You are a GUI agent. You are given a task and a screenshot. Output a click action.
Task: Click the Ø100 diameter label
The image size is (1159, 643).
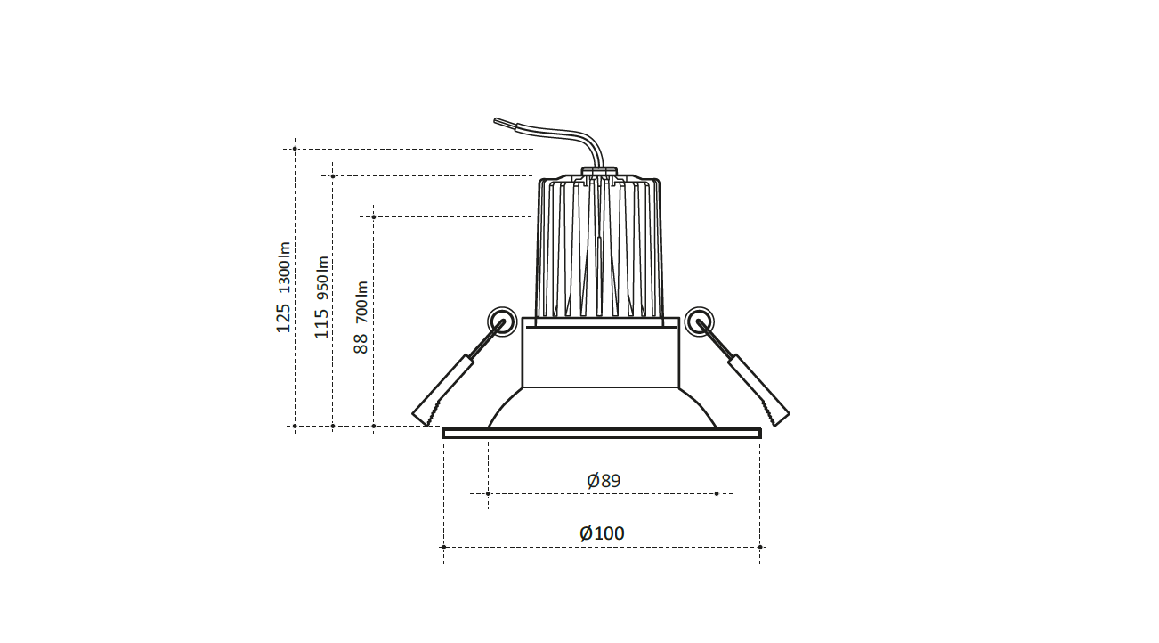point(602,533)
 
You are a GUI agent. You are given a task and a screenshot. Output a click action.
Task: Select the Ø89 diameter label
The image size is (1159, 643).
point(604,481)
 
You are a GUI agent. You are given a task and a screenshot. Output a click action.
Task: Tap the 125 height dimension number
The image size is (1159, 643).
point(283,318)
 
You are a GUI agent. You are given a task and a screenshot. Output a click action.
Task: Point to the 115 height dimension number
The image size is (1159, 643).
point(321,323)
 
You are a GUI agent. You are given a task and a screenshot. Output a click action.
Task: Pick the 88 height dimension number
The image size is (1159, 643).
point(361,344)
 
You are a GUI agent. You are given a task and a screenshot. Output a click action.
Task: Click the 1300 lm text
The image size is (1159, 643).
point(284,268)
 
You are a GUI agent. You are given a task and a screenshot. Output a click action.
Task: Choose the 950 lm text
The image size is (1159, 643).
point(322,278)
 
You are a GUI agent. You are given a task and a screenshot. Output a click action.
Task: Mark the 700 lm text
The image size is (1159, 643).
point(361,302)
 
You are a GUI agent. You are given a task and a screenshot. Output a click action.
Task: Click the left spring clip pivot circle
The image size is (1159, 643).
point(502,321)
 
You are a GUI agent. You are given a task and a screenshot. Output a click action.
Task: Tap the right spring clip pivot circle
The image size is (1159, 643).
point(699,321)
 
